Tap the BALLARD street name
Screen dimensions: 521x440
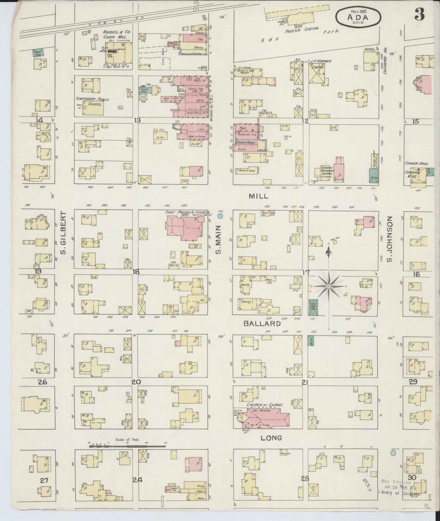tap(262, 324)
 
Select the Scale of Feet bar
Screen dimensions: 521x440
tap(127, 445)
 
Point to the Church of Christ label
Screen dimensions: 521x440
tap(265, 405)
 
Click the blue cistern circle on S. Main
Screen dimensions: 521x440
tap(220, 216)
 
